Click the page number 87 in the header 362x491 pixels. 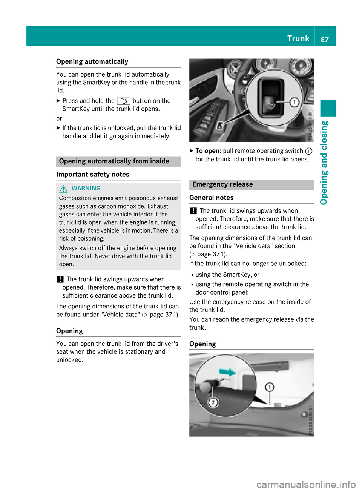click(x=325, y=39)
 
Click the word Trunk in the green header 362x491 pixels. click(x=298, y=38)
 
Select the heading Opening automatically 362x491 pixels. click(x=92, y=61)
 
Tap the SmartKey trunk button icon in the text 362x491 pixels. click(x=124, y=101)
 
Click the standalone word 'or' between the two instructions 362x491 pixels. click(x=59, y=118)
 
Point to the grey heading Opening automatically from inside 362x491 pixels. click(x=114, y=161)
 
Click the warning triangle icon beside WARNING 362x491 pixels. click(x=63, y=189)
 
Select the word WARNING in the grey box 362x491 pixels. click(x=86, y=188)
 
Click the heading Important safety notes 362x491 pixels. click(x=93, y=174)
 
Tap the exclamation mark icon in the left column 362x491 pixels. click(x=60, y=279)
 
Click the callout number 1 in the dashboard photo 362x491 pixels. click(x=294, y=102)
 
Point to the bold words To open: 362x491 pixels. click(x=208, y=151)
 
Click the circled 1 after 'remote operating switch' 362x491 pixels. click(x=308, y=151)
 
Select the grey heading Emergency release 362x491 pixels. click(x=222, y=184)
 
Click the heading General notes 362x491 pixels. click(x=212, y=198)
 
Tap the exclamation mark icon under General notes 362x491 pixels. click(x=193, y=211)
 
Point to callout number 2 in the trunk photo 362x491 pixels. click(x=213, y=402)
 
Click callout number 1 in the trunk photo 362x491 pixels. click(x=269, y=387)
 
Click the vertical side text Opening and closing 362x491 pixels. click(x=324, y=163)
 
